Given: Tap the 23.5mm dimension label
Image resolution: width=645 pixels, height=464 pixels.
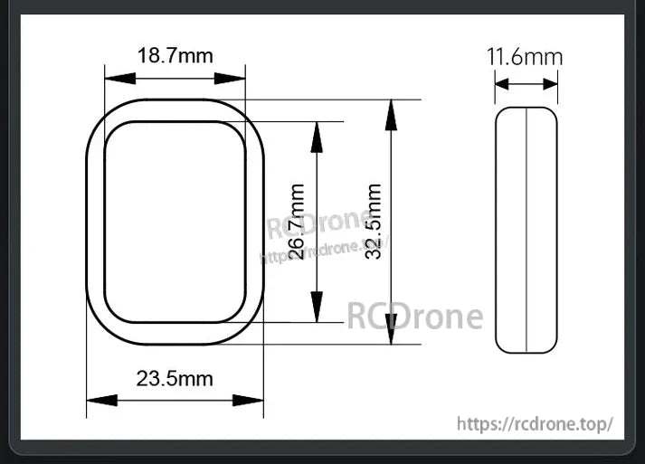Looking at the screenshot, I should pyautogui.click(x=175, y=378).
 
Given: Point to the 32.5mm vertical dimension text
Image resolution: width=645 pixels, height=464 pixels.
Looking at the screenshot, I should pyautogui.click(x=374, y=222).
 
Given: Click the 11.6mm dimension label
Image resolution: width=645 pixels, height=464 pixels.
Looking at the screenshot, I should pyautogui.click(x=525, y=57).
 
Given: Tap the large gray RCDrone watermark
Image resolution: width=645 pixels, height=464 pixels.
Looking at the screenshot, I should pyautogui.click(x=415, y=317).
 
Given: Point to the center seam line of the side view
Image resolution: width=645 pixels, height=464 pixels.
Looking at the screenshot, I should pyautogui.click(x=526, y=230).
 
